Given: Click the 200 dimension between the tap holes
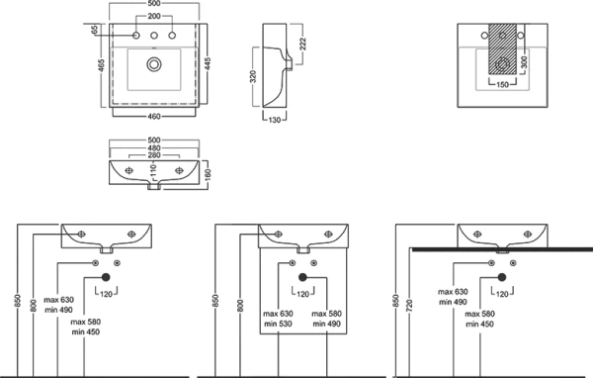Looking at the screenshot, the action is pos(154,16).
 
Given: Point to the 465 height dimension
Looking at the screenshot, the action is pos(101,64).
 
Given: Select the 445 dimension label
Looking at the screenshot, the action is pos(208,63).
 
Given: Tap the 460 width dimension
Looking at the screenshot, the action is pos(154,117).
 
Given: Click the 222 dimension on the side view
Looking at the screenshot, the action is pos(302,44).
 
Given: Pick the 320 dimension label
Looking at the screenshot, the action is pos(253,76).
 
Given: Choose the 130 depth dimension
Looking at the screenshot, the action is pos(275,120).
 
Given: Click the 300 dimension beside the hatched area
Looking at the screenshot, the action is pos(524,62).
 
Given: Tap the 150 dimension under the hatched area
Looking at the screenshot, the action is pos(502,84).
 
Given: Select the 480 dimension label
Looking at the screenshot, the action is pos(154,147).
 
